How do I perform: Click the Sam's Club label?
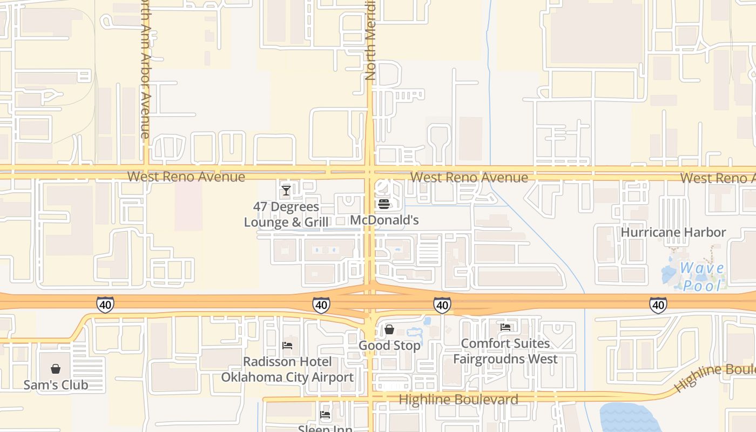pyautogui.click(x=56, y=385)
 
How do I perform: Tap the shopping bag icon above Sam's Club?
pyautogui.click(x=56, y=369)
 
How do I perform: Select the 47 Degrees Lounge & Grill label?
pyautogui.click(x=286, y=214)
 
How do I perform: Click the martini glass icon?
pyautogui.click(x=286, y=190)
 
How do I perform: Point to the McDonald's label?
pyautogui.click(x=384, y=220)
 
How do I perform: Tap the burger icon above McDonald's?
pyautogui.click(x=384, y=204)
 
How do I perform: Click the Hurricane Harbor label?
pyautogui.click(x=673, y=232)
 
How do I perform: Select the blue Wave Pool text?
pyautogui.click(x=701, y=276)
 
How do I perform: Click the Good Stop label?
pyautogui.click(x=389, y=346)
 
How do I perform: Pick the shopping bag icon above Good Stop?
pyautogui.click(x=389, y=329)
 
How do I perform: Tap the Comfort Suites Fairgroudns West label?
pyautogui.click(x=505, y=351)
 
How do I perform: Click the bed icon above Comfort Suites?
pyautogui.click(x=505, y=327)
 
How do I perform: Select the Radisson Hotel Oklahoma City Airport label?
pyautogui.click(x=287, y=369)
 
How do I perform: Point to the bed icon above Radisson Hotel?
pyautogui.click(x=287, y=345)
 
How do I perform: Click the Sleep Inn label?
pyautogui.click(x=325, y=428)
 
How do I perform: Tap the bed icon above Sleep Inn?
pyautogui.click(x=325, y=415)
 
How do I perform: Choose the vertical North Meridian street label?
pyautogui.click(x=370, y=40)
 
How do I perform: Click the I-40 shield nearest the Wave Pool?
pyautogui.click(x=658, y=305)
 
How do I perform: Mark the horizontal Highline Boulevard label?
pyautogui.click(x=458, y=400)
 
